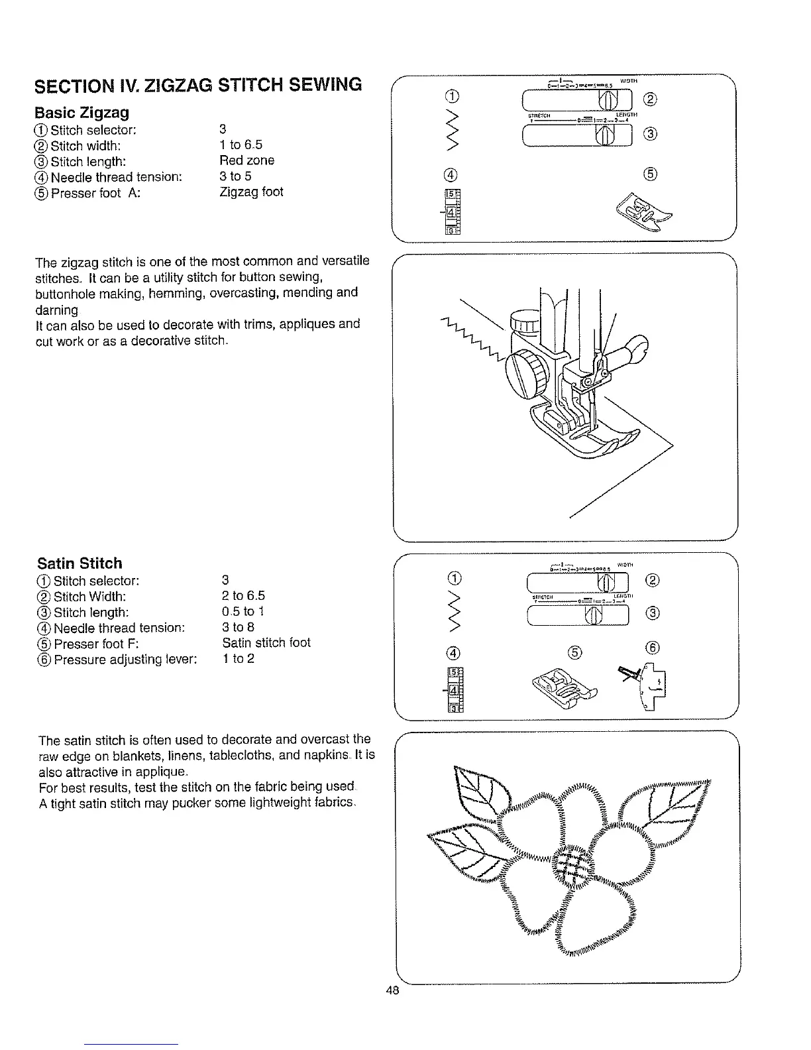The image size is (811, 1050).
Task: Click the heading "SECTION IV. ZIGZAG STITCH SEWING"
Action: [x=199, y=86]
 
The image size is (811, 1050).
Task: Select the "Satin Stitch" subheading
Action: [x=80, y=563]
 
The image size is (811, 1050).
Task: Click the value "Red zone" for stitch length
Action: [x=246, y=160]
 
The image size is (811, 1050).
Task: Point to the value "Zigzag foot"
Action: [x=251, y=192]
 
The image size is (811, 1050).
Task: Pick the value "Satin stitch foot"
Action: [x=266, y=643]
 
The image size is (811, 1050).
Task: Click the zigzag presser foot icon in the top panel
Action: [x=642, y=213]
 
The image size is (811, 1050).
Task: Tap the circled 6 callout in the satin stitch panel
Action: [x=651, y=649]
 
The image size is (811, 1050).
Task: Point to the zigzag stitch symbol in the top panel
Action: [x=453, y=133]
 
